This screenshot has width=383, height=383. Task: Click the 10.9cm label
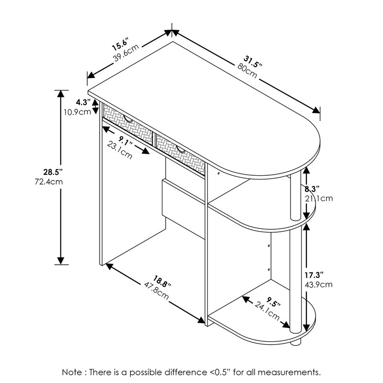pyautogui.click(x=78, y=112)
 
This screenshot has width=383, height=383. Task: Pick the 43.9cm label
pyautogui.click(x=318, y=285)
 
